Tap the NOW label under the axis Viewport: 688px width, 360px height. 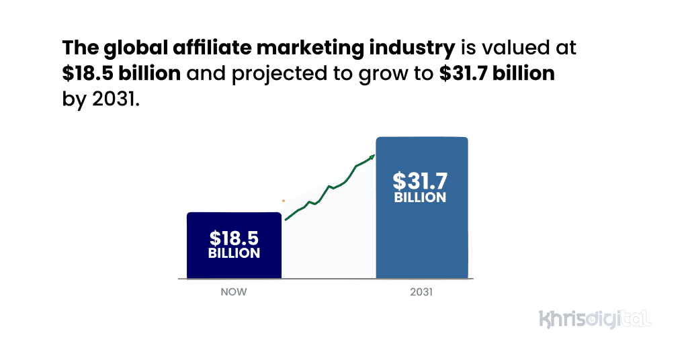point(234,292)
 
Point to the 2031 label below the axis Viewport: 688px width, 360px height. point(421,292)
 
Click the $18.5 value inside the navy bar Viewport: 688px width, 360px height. point(234,238)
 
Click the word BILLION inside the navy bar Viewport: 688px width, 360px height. point(234,254)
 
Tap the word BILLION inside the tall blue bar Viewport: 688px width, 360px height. point(420,197)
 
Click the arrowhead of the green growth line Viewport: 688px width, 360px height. point(372,157)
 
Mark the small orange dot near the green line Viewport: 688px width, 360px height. point(284,200)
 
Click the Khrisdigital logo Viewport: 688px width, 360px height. point(595,318)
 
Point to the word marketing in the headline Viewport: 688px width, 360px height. point(307,49)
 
